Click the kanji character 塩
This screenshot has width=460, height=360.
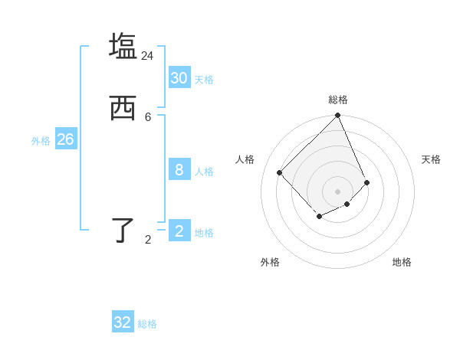(x=123, y=45)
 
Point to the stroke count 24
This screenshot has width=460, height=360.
(x=147, y=56)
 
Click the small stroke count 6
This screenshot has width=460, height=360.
(x=148, y=117)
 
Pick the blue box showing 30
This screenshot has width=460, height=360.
(x=179, y=78)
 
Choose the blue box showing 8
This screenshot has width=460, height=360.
(x=179, y=170)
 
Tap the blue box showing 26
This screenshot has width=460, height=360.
(x=65, y=139)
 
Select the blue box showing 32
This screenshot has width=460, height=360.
(x=123, y=322)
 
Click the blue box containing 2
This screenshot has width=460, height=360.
(x=179, y=231)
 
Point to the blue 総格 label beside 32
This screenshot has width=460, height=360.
(x=147, y=324)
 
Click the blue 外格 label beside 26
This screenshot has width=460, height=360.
(x=41, y=141)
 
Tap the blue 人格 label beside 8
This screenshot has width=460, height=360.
(x=204, y=172)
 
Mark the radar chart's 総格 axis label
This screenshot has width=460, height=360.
(x=338, y=100)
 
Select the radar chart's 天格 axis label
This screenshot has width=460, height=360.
(x=431, y=159)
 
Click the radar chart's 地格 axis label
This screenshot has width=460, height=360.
(x=402, y=262)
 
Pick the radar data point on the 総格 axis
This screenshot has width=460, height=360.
(x=338, y=116)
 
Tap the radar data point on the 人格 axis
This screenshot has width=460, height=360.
(x=280, y=172)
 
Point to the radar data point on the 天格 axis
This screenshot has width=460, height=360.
(x=367, y=182)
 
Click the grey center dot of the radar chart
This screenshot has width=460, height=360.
(x=338, y=191)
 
